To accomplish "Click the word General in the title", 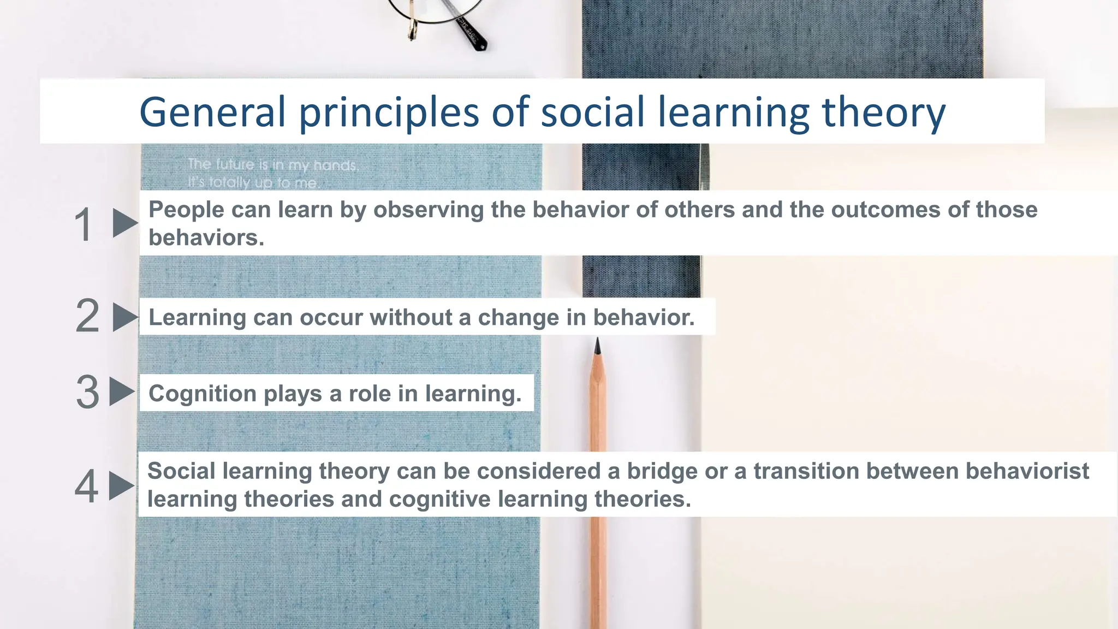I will [212, 112].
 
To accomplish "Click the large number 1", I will [83, 224].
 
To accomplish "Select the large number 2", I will [87, 316].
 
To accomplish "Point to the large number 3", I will [87, 392].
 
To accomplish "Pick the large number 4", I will [86, 486].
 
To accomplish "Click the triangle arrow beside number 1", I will [124, 223].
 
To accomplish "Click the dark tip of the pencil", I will [597, 345].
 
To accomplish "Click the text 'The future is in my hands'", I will [272, 164].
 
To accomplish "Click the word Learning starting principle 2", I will [197, 317].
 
